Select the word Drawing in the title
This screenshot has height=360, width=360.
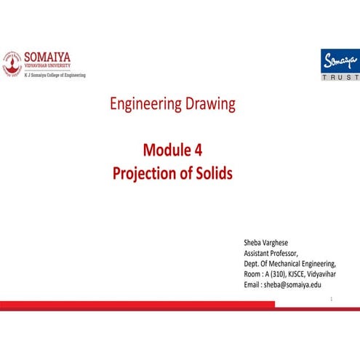[x=209, y=104]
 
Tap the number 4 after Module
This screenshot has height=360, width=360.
[x=199, y=151]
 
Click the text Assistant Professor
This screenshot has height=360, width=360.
[x=271, y=252]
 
